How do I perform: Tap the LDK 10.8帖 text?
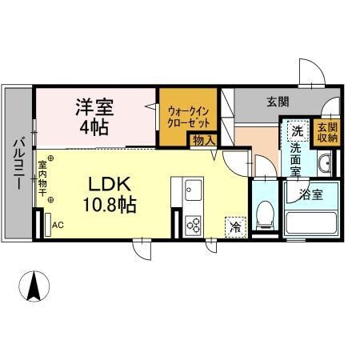110,191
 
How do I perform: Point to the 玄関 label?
278,102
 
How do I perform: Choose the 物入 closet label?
202,141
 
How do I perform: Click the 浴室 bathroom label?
311,192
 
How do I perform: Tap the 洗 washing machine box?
295,130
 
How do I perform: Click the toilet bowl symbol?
265,211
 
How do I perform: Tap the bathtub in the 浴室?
310,220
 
